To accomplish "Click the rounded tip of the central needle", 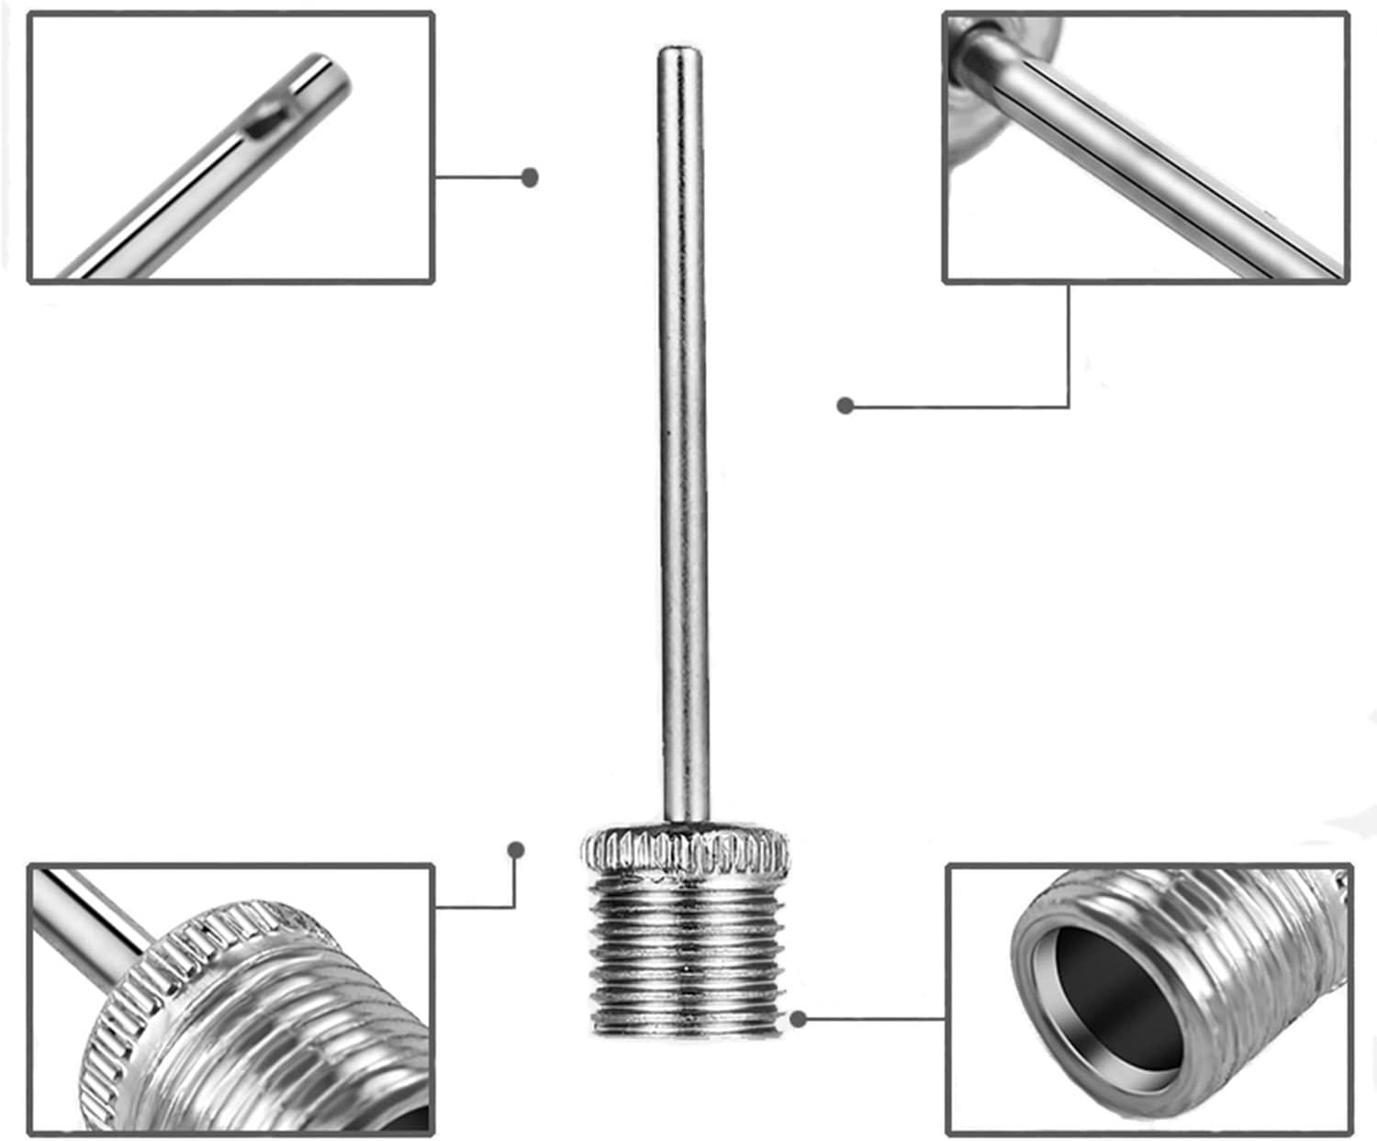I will click(x=680, y=52).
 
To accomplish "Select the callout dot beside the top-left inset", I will click(x=529, y=177).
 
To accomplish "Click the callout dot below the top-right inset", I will click(x=845, y=405).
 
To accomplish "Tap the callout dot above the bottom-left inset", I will click(x=516, y=850).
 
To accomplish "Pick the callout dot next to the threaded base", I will click(x=799, y=1018).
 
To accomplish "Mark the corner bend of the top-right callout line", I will click(x=1069, y=405).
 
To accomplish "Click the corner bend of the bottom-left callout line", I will click(x=514, y=907).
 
